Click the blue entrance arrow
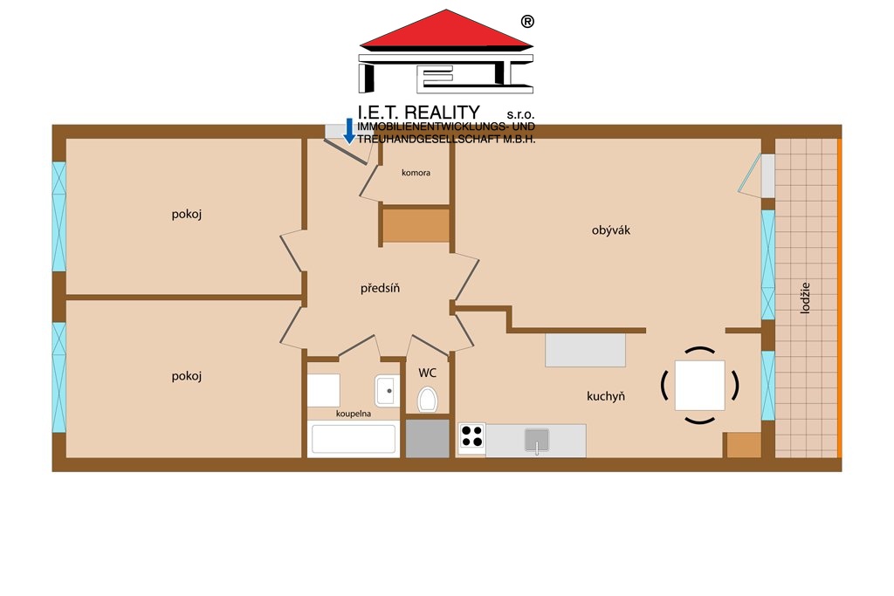click(x=349, y=131)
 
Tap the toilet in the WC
click(x=427, y=399)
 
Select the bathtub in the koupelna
click(x=353, y=439)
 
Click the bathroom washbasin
click(x=387, y=390)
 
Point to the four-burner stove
click(x=471, y=437)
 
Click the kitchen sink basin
click(x=537, y=440)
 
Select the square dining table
click(x=699, y=385)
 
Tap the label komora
click(x=416, y=173)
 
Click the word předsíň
click(x=380, y=288)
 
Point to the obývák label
click(x=610, y=230)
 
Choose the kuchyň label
click(x=606, y=396)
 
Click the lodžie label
click(x=805, y=298)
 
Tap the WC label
click(x=427, y=373)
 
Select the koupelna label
click(x=354, y=414)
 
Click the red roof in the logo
click(x=446, y=29)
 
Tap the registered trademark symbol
click(x=527, y=22)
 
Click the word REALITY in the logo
click(x=442, y=113)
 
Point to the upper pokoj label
click(x=187, y=215)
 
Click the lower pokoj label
click(x=187, y=376)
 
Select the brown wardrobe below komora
click(x=416, y=226)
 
